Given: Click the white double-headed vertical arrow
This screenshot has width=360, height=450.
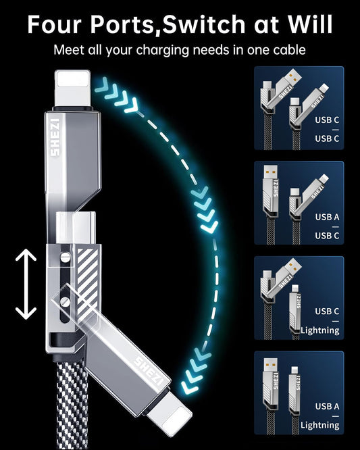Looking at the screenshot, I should coord(26,284).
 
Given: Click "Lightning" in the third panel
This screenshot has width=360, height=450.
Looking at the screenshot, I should coord(321,330).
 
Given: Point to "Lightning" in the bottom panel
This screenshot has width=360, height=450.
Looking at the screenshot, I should coord(321,425).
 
